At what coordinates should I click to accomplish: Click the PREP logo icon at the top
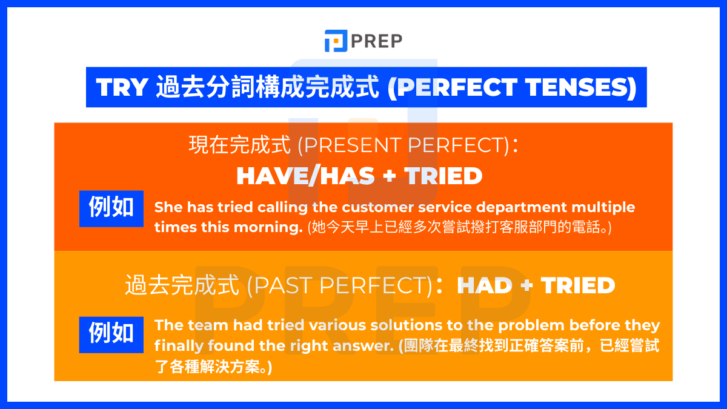pos(336,41)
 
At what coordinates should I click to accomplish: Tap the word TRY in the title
pos(122,88)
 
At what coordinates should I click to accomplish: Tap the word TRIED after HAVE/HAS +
pos(443,176)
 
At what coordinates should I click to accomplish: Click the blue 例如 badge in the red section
pos(111,208)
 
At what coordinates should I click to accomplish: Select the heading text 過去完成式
pos(182,285)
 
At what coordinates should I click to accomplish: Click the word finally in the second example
pos(177,346)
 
